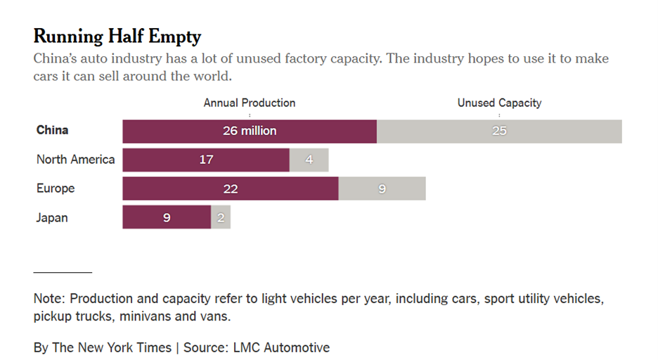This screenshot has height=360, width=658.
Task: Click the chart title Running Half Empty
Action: (x=117, y=37)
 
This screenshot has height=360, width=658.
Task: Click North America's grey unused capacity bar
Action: (x=309, y=160)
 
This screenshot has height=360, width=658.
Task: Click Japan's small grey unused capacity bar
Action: (x=221, y=217)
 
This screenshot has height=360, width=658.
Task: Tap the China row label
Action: (x=53, y=131)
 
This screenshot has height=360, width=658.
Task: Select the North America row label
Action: (x=75, y=160)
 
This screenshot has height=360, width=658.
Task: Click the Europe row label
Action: (x=56, y=188)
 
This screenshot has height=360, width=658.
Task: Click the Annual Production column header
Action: (x=250, y=103)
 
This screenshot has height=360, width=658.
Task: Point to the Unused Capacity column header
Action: (x=499, y=103)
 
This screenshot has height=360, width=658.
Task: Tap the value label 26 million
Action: (x=250, y=131)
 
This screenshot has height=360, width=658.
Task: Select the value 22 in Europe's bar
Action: (x=230, y=188)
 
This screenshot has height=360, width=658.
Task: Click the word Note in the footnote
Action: (x=48, y=299)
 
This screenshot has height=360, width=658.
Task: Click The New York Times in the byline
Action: (x=112, y=347)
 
